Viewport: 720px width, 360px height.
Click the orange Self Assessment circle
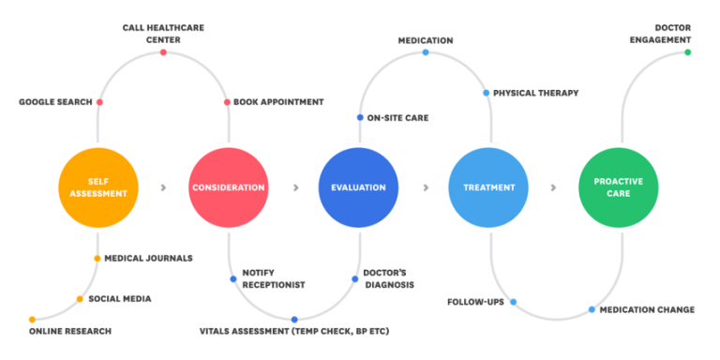point(97,187)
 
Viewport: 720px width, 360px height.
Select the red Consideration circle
point(228,187)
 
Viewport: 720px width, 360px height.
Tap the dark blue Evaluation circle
point(358,187)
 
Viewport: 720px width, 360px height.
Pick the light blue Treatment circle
point(488,187)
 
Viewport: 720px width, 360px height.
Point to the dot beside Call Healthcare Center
point(163,52)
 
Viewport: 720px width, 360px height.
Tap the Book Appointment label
point(278,102)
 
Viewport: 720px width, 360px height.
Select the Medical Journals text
point(148,259)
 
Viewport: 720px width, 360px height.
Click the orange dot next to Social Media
point(80,299)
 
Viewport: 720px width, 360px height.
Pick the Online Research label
point(69,331)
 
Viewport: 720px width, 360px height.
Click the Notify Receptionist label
point(273,278)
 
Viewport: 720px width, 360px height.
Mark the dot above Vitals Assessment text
point(294,320)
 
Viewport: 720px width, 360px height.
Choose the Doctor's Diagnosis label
point(388,278)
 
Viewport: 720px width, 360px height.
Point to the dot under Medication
point(425,52)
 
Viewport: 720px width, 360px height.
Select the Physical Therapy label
point(535,93)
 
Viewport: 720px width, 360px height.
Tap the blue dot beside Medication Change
point(592,309)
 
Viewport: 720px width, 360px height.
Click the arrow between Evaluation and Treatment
point(425,187)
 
